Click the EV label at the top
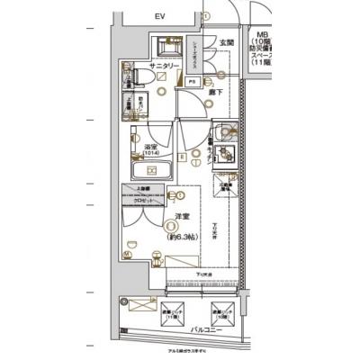159,17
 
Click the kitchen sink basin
226,152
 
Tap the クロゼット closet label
142,201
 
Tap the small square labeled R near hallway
181,156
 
